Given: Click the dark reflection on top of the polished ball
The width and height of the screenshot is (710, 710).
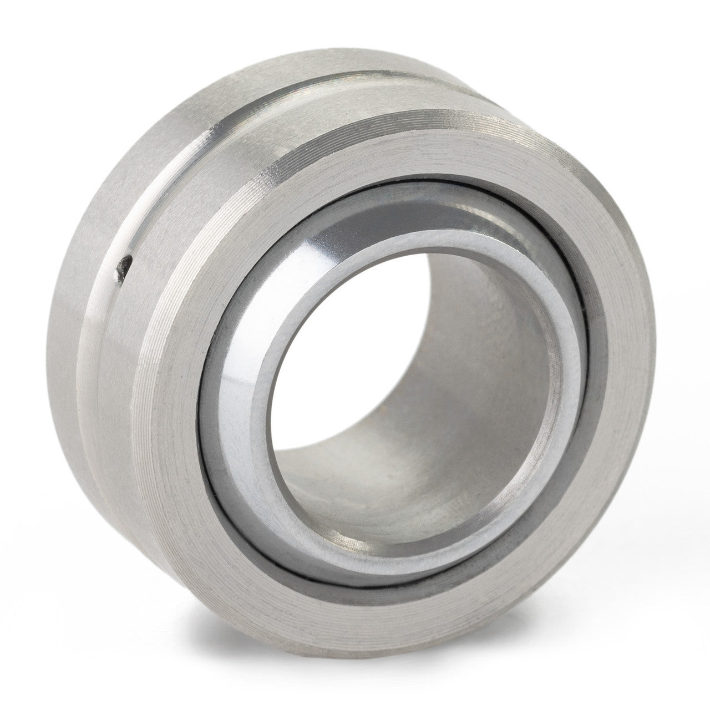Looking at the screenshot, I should pos(422,202).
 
